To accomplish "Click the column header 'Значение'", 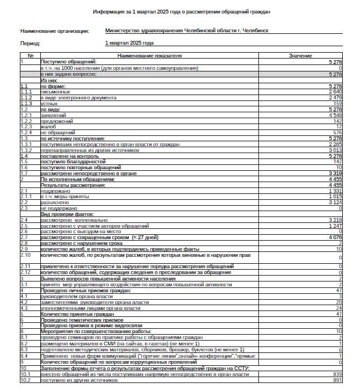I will (x=300, y=56).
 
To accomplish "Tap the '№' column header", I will (x=30, y=56).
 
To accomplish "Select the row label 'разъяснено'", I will (x=54, y=203).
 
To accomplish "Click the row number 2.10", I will (x=25, y=255).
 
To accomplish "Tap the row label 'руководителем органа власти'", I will (x=77, y=297).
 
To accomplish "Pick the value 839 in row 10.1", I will (x=337, y=374).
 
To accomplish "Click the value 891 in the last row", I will (x=337, y=380).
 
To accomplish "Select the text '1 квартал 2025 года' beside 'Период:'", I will (x=129, y=42).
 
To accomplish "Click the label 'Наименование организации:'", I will (x=55, y=31).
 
